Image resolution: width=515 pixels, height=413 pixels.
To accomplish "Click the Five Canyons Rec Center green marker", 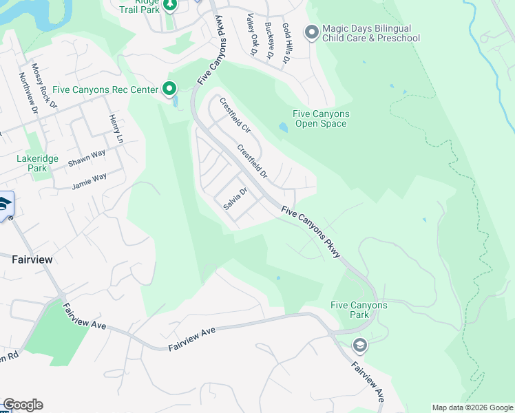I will tap(169, 88).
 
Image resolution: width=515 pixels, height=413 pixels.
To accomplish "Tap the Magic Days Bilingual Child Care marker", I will tap(311, 32).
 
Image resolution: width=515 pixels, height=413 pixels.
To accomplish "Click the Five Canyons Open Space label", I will tap(321, 119).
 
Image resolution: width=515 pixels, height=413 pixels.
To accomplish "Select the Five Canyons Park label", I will tap(359, 310).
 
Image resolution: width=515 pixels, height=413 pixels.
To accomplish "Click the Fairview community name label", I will tap(32, 260).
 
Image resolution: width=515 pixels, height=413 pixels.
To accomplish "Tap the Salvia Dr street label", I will tap(235, 199).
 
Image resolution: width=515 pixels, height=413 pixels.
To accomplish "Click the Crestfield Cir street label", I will tap(235, 115).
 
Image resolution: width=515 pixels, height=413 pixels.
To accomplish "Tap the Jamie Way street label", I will tap(90, 181).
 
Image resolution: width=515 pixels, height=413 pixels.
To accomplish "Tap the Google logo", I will tap(23, 405).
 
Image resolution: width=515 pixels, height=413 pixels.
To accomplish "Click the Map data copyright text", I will tap(472, 407).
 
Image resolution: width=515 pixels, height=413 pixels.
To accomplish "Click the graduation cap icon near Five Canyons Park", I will tap(359, 345).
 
